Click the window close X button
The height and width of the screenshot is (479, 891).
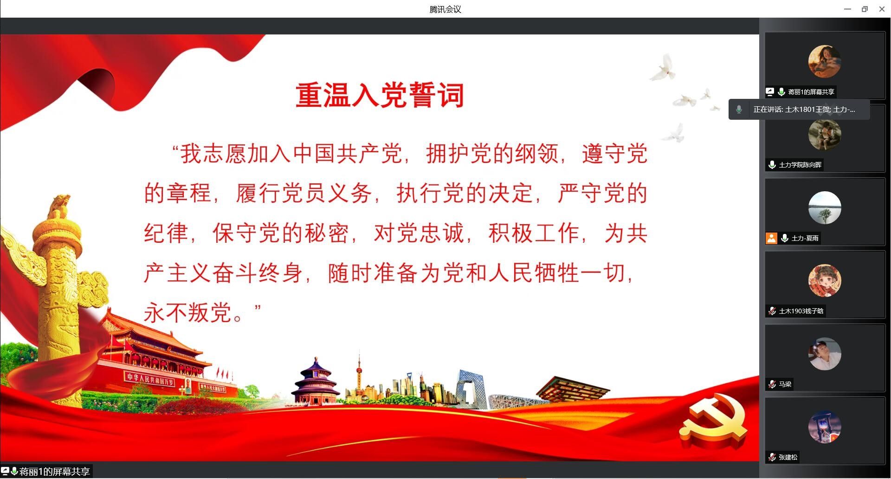click(882, 9)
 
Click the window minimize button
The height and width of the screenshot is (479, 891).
click(847, 9)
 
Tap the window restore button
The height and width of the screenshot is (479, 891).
click(865, 9)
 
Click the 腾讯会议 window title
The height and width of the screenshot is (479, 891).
click(445, 9)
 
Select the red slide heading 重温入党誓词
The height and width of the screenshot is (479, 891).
click(380, 95)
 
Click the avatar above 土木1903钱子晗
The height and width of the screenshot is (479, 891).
click(825, 281)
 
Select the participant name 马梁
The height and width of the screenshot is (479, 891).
click(785, 384)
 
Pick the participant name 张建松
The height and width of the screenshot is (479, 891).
click(788, 457)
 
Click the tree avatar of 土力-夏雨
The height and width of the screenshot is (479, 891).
click(825, 207)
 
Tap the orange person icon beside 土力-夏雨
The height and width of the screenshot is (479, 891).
click(771, 238)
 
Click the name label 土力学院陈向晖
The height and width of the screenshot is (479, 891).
click(800, 165)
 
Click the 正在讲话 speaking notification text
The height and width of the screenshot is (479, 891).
click(804, 110)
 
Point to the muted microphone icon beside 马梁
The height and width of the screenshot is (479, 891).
click(772, 384)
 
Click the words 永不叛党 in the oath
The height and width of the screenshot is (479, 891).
click(187, 312)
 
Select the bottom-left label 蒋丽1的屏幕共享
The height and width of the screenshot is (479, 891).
click(54, 472)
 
